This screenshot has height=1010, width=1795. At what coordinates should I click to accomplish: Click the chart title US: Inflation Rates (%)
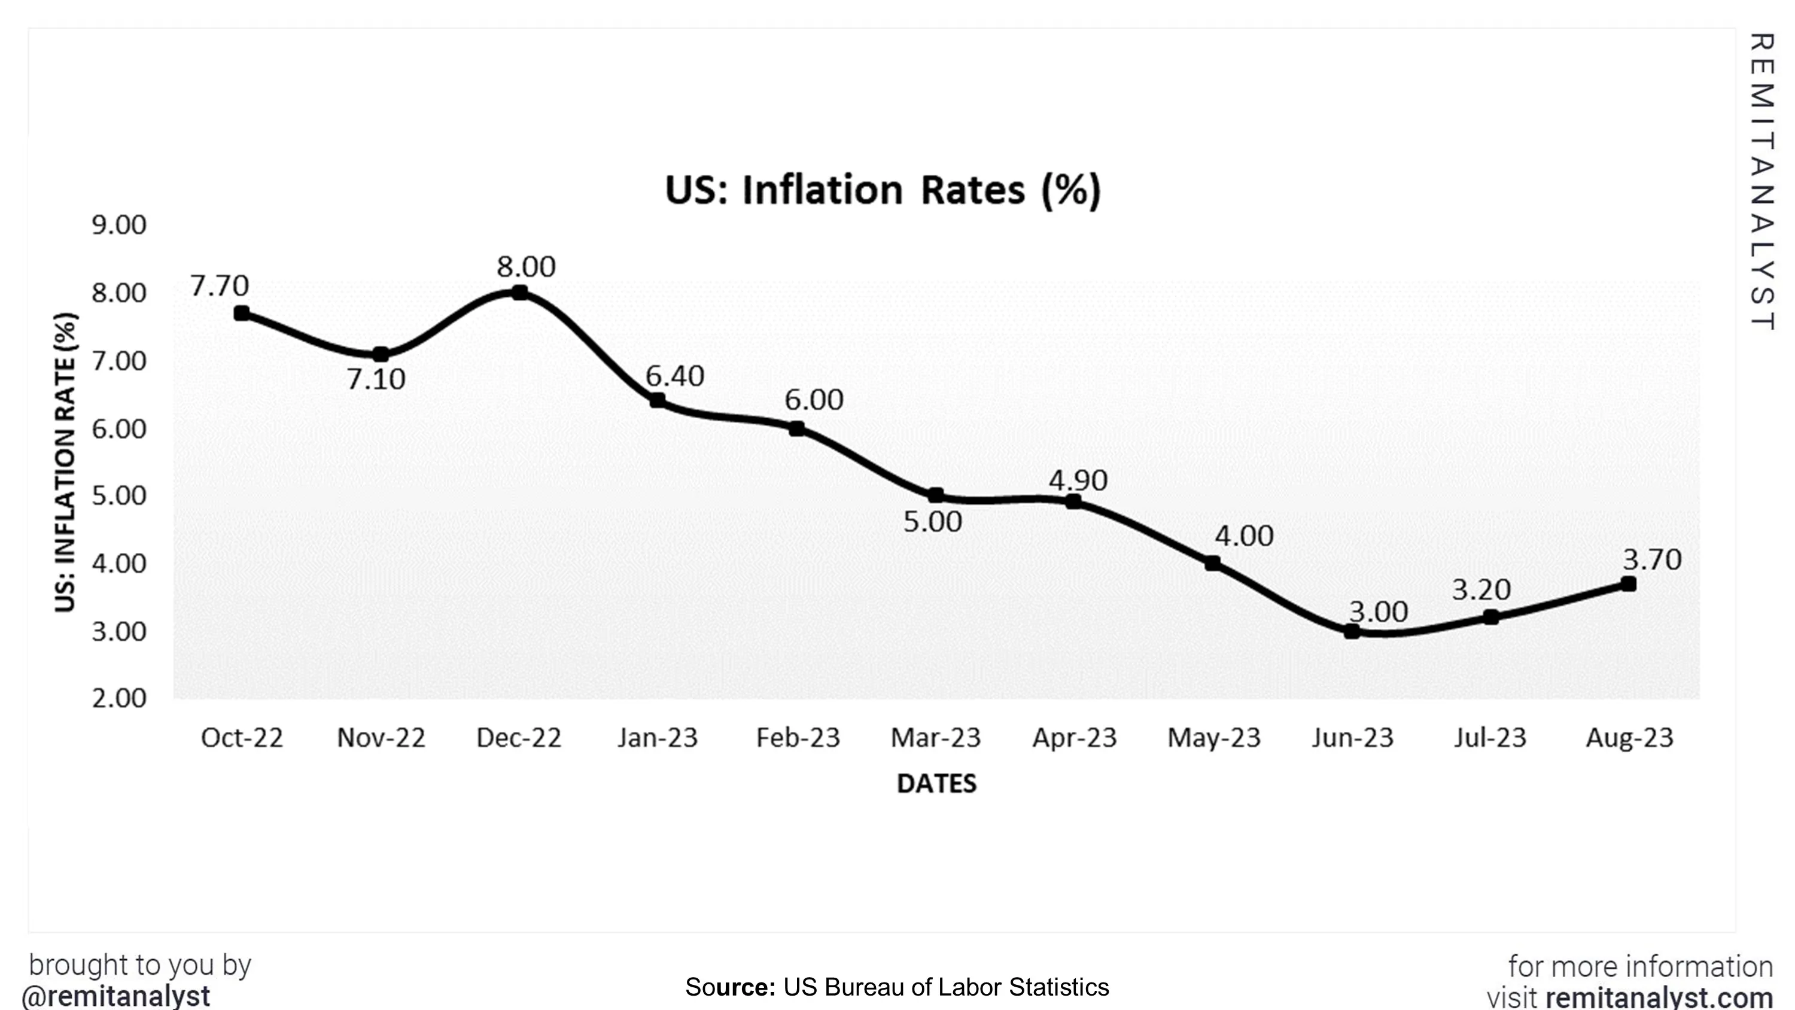[883, 190]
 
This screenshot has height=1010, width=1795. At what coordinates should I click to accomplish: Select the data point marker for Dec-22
[519, 293]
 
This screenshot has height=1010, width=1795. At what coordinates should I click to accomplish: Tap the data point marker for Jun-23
[1351, 631]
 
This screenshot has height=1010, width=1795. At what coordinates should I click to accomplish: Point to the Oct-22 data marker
[242, 314]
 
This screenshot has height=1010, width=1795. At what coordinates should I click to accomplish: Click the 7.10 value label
[376, 380]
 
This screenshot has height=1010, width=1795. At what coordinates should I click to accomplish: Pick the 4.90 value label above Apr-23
[1077, 480]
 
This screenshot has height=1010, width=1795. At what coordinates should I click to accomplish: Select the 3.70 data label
[1651, 559]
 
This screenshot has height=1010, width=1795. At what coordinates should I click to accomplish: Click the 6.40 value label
[674, 376]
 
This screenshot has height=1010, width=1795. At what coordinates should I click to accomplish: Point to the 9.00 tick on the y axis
[119, 225]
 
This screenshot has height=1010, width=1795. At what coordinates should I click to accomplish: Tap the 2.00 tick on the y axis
[119, 698]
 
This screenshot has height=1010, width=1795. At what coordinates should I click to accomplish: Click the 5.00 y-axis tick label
[119, 495]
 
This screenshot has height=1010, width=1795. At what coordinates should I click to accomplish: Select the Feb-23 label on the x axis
[798, 738]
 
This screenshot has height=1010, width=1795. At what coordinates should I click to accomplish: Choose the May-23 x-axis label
[1214, 738]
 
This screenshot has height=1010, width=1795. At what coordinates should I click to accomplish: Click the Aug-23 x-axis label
[1629, 738]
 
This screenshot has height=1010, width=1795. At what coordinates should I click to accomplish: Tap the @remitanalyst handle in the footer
[115, 996]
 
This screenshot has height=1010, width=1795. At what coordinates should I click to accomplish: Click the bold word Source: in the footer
[730, 987]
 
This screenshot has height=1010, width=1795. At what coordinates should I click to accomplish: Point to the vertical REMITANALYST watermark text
[1761, 181]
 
